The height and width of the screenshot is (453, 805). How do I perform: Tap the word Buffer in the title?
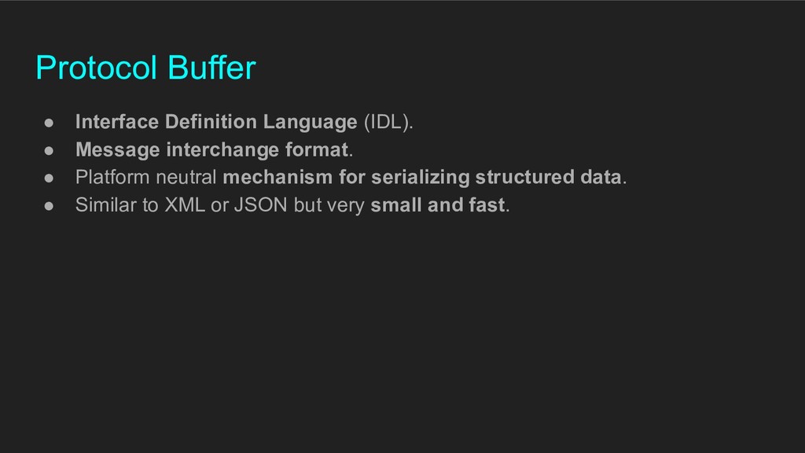click(211, 68)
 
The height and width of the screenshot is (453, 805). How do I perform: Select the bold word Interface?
click(117, 122)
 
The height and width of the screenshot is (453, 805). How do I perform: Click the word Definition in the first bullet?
click(211, 122)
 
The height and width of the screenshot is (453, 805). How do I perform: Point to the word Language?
click(310, 123)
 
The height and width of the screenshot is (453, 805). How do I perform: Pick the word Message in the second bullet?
click(118, 150)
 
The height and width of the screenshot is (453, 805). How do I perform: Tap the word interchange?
click(222, 150)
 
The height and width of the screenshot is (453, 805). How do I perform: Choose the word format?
click(317, 149)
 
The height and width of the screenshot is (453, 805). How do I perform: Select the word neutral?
click(186, 177)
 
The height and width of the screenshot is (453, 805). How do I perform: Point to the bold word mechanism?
click(278, 177)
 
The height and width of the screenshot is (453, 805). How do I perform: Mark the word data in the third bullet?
click(601, 177)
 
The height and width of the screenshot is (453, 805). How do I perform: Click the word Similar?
click(105, 205)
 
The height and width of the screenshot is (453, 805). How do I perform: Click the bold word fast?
click(487, 205)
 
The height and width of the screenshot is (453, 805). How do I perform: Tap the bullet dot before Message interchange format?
click(49, 150)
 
